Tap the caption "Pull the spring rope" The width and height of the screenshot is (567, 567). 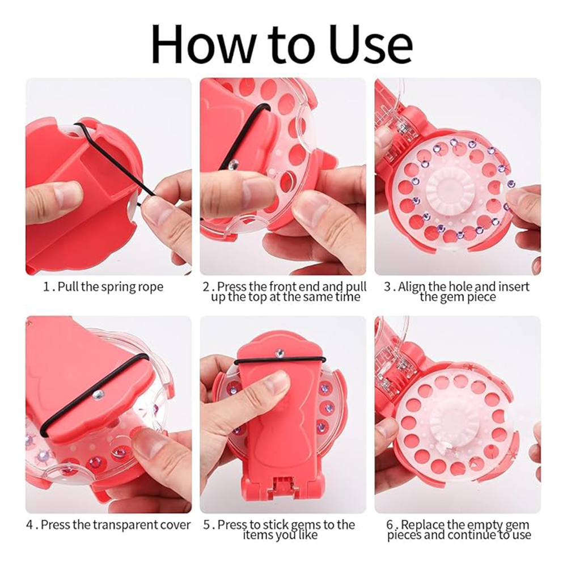tap(111, 287)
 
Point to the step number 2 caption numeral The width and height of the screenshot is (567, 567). tap(206, 287)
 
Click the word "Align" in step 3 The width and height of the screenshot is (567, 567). tap(412, 287)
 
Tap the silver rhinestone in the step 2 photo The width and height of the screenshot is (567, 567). tap(234, 164)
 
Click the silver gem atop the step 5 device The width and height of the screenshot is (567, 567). tap(279, 352)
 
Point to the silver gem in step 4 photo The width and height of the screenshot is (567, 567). tap(98, 395)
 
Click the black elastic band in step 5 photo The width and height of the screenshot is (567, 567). tap(280, 360)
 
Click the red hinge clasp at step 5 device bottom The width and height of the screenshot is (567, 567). tap(282, 485)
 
